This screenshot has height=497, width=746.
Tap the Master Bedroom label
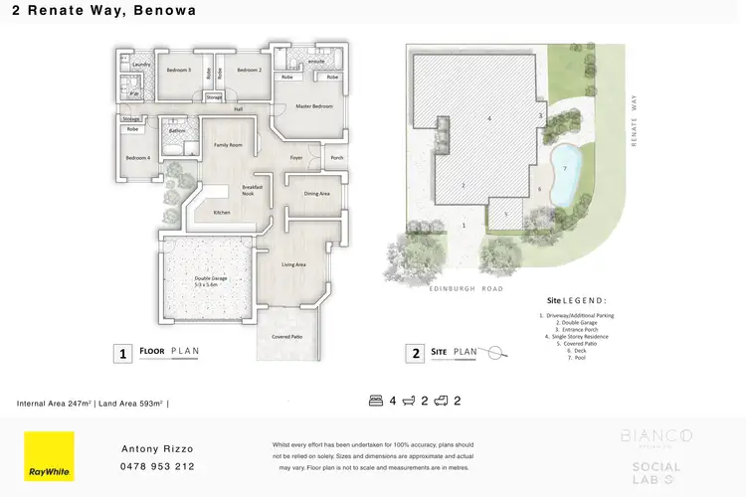coord(314,106)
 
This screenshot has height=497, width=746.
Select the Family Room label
coord(229,145)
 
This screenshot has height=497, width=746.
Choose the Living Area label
coord(293,264)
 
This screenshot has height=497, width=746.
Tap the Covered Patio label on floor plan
coord(288,337)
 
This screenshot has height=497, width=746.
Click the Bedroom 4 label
coord(137,159)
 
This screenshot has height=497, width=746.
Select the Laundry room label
coord(140,65)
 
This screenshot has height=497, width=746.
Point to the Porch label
coord(336,156)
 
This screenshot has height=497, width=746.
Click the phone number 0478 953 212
coord(157,466)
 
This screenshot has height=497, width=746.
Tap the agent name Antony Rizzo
coord(157,448)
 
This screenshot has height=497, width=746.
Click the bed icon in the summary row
coord(375,402)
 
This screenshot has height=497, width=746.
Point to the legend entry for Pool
coord(577,358)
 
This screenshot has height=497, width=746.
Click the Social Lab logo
coord(656,468)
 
